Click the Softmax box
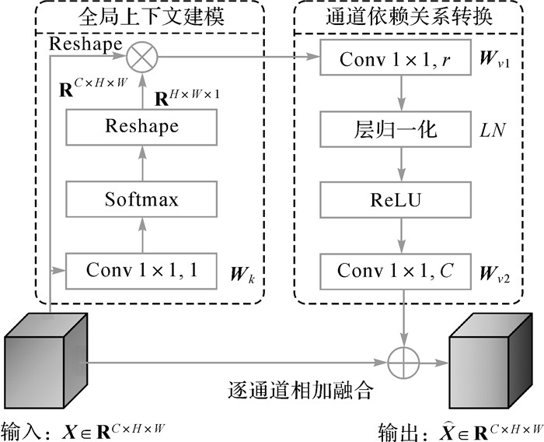click(141, 199)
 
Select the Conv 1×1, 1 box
click(141, 271)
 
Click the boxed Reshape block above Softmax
click(141, 126)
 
